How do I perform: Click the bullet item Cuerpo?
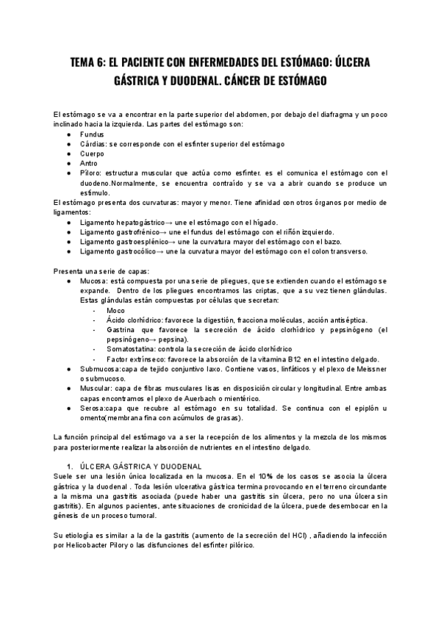click(x=92, y=154)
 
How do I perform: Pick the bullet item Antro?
click(x=89, y=163)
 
